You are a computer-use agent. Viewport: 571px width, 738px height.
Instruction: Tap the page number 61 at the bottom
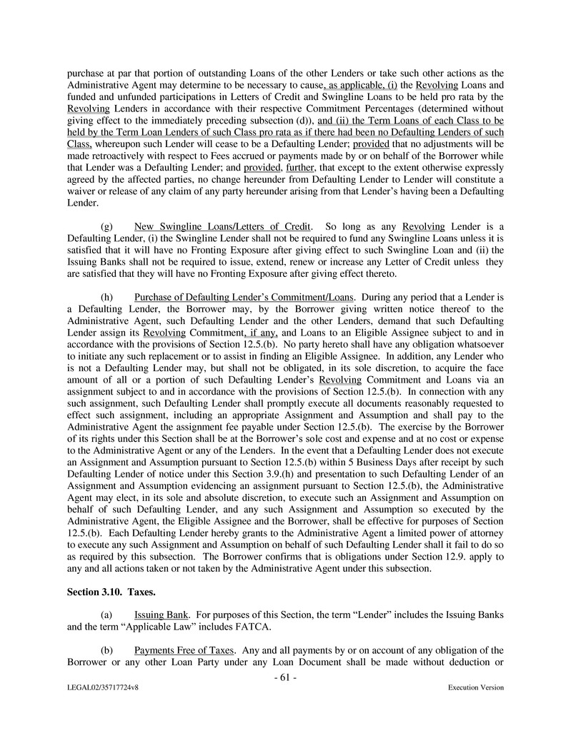(285, 677)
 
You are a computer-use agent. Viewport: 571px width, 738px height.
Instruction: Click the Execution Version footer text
(476, 688)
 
